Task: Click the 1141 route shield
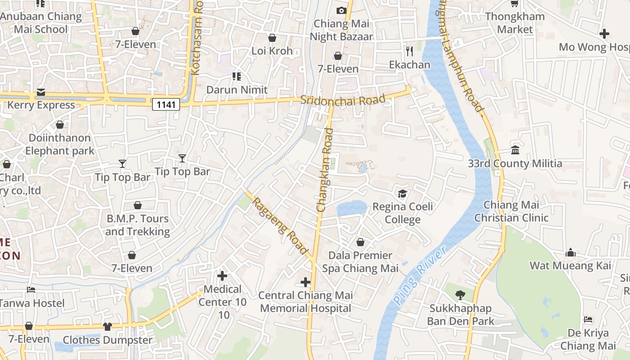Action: click(166, 104)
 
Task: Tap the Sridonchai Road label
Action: click(343, 100)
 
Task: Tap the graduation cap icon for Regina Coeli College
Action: click(402, 193)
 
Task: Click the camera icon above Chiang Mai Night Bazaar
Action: click(342, 10)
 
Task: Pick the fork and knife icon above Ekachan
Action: click(409, 51)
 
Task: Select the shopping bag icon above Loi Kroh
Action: click(272, 38)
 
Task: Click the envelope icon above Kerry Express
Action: click(41, 92)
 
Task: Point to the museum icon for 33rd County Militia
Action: click(515, 150)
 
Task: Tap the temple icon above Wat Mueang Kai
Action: click(571, 252)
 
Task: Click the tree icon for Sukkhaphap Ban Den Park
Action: click(460, 295)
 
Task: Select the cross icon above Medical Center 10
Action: click(222, 276)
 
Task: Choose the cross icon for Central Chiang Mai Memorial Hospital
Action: click(306, 282)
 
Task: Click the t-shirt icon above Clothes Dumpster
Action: click(107, 326)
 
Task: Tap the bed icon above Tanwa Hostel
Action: click(31, 290)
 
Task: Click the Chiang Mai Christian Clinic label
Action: click(511, 211)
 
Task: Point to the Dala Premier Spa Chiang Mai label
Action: click(360, 262)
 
